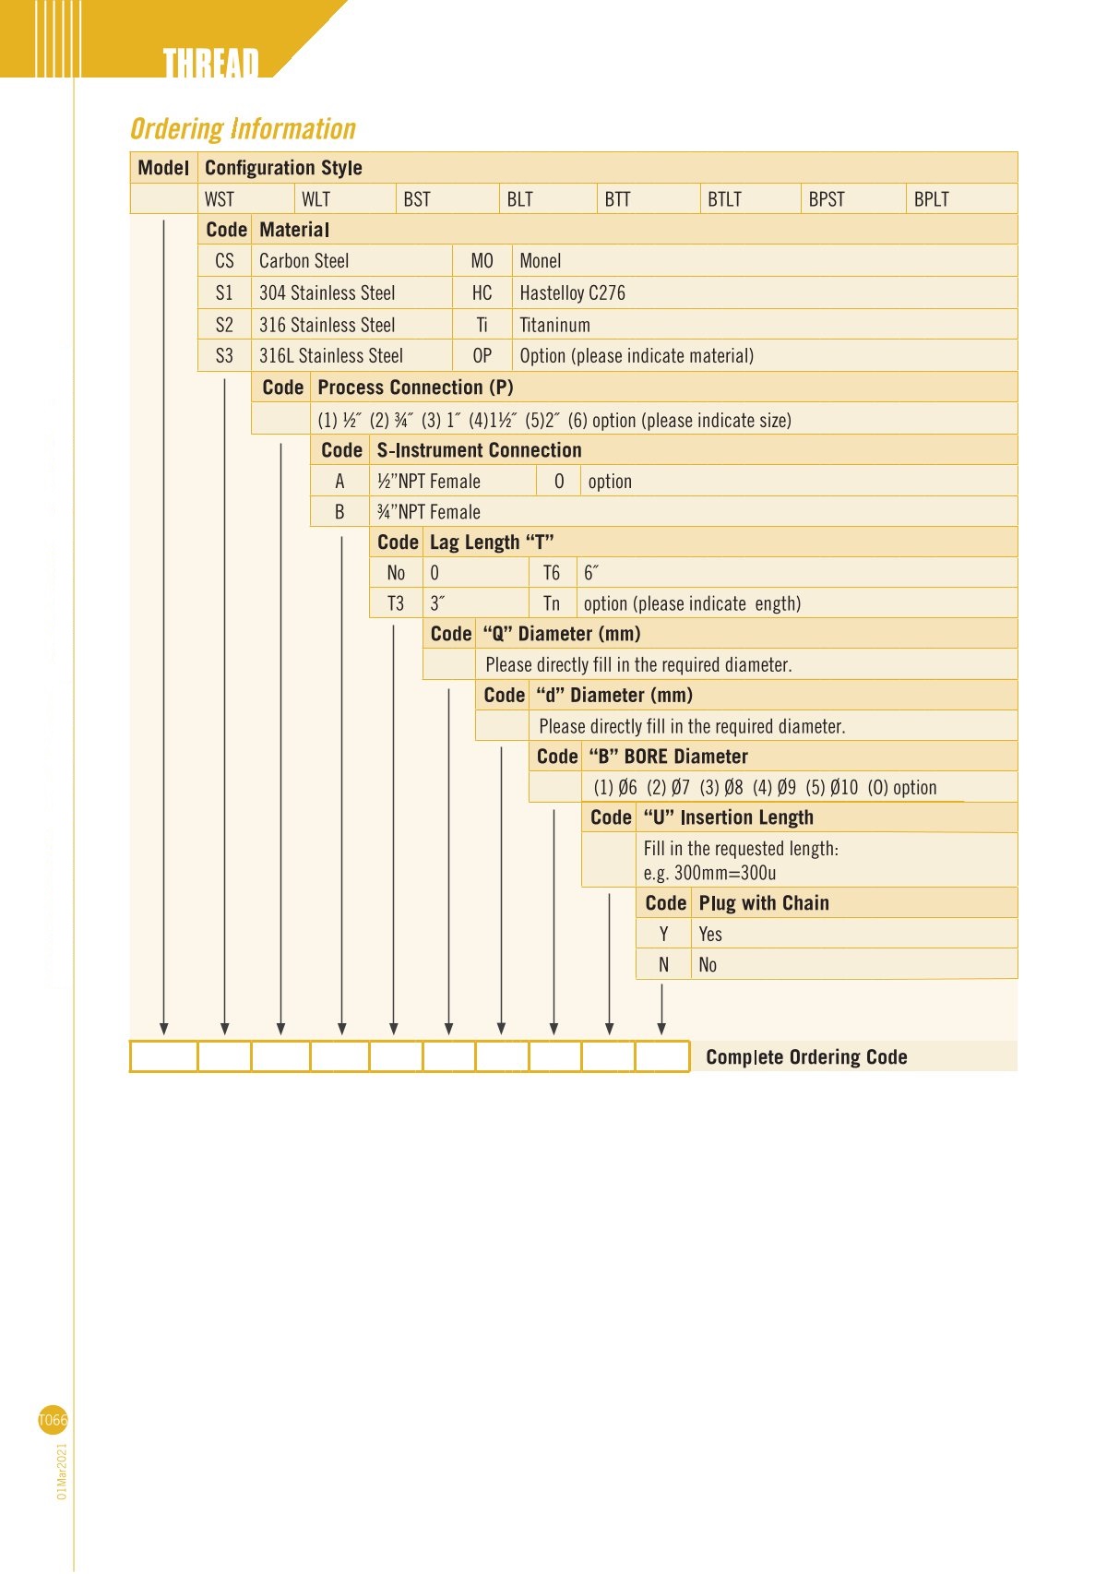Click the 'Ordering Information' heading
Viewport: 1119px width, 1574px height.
(x=243, y=129)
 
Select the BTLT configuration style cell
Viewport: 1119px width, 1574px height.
(x=724, y=199)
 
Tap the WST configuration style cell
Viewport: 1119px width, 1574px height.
(x=220, y=199)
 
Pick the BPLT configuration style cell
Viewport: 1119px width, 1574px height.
(x=931, y=199)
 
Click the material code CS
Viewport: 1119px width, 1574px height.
(x=224, y=261)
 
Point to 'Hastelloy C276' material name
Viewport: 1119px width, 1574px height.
(x=572, y=293)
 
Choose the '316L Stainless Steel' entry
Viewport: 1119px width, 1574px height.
(x=330, y=356)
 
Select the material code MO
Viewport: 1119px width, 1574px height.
(x=482, y=261)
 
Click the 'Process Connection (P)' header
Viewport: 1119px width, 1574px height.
(x=415, y=388)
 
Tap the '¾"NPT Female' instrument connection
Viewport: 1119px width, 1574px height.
(x=428, y=512)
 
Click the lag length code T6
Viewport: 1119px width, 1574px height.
(x=551, y=573)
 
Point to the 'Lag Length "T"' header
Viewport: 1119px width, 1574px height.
(x=492, y=543)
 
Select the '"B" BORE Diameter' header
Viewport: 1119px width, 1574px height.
(x=668, y=757)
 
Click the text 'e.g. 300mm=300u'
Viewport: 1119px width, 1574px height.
(x=709, y=873)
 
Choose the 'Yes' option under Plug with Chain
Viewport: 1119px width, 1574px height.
(x=710, y=934)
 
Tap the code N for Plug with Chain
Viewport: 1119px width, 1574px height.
(x=663, y=965)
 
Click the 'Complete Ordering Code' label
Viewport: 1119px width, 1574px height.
(x=806, y=1057)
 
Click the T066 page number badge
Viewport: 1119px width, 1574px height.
(x=53, y=1420)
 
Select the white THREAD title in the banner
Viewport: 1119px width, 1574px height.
(x=210, y=63)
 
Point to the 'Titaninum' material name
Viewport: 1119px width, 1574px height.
(x=554, y=325)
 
